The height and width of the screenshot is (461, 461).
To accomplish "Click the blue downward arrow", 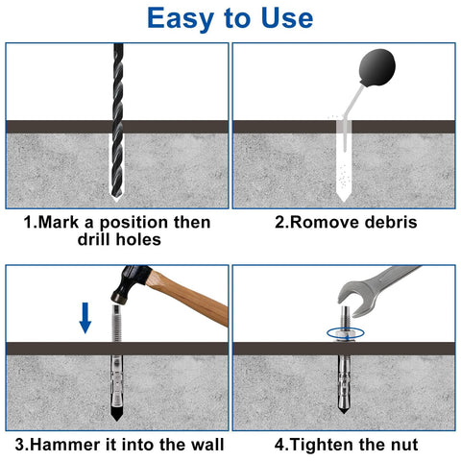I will pyautogui.click(x=85, y=314).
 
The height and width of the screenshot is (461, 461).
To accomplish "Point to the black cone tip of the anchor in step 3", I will pyautogui.click(x=116, y=419).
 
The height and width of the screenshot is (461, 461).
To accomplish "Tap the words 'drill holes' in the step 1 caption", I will pyautogui.click(x=117, y=240).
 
